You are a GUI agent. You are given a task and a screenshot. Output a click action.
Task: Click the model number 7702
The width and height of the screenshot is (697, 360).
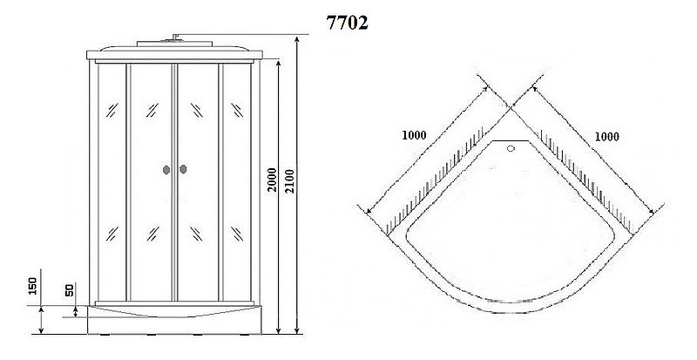click(x=346, y=24)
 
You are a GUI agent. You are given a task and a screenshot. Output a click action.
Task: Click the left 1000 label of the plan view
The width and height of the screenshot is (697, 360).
click(x=416, y=135)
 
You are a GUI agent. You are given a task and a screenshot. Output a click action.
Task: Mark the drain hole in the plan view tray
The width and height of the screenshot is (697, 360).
click(x=511, y=148)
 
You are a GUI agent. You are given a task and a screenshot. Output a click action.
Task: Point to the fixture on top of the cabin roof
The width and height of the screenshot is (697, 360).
click(x=175, y=37)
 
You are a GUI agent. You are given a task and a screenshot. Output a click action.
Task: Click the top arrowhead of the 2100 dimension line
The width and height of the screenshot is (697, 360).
click(x=296, y=40)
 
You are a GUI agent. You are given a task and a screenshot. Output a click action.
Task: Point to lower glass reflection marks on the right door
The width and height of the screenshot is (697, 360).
click(x=197, y=234)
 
